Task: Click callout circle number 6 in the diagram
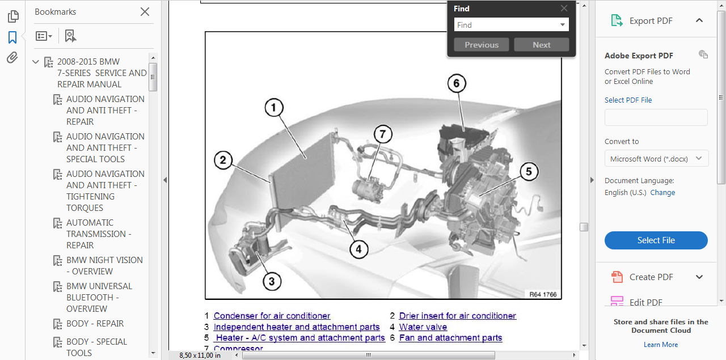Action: [x=457, y=83]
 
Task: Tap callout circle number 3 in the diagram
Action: [x=272, y=281]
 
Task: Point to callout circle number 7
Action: [x=383, y=134]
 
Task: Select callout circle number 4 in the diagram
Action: [x=359, y=249]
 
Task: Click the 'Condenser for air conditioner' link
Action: [x=272, y=316]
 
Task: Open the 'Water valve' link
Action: [x=423, y=327]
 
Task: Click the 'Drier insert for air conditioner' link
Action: [x=457, y=316]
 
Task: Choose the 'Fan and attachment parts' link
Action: [x=450, y=338]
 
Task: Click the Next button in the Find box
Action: [x=542, y=45]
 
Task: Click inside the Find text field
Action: [x=507, y=25]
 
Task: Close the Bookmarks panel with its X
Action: [x=145, y=12]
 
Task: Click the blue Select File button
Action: [x=656, y=240]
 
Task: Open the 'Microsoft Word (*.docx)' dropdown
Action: [x=656, y=159]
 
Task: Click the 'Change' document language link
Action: [x=662, y=193]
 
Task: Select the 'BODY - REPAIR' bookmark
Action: [x=95, y=323]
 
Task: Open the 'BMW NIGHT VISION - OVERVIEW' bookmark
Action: [x=104, y=266]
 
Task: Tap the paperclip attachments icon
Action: [x=12, y=58]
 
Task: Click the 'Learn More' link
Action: [x=661, y=345]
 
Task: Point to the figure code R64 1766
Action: [x=543, y=294]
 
